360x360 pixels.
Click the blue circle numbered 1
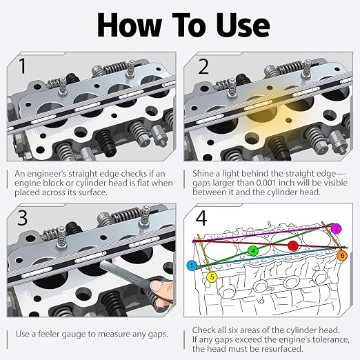(x=192, y=266)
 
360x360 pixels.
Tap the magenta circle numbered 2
(x=337, y=228)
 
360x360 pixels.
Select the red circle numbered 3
(x=293, y=246)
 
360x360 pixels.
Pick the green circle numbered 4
(x=253, y=251)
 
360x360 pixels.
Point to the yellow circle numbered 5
(x=212, y=277)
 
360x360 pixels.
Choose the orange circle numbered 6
(x=342, y=256)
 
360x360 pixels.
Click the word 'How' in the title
(x=130, y=26)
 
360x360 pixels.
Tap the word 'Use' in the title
(x=243, y=26)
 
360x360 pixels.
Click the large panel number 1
(x=22, y=66)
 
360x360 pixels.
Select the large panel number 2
(x=203, y=66)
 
